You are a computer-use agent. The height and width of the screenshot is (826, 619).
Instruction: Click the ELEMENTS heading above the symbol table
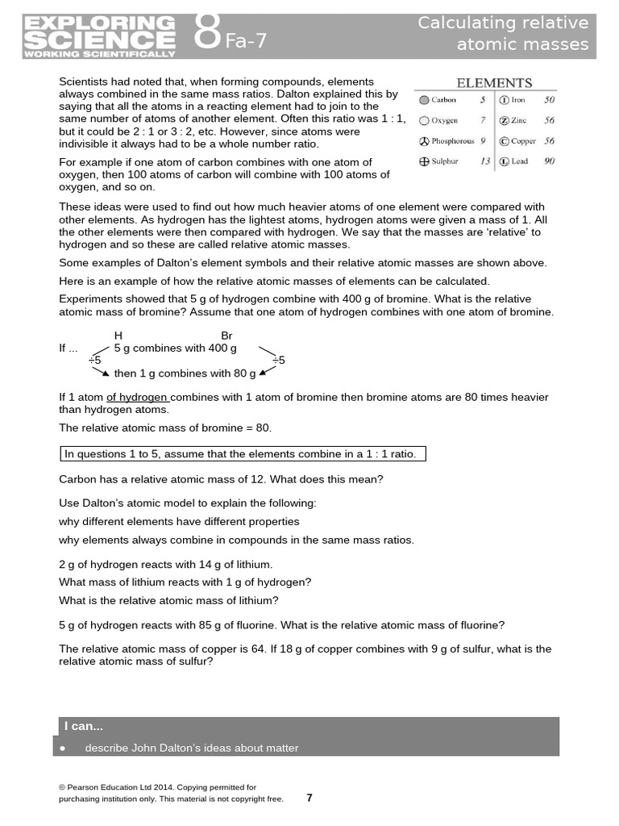click(x=494, y=82)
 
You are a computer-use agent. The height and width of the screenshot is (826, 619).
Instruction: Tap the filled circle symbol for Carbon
click(x=424, y=101)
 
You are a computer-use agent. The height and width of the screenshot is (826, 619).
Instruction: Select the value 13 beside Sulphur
click(x=484, y=161)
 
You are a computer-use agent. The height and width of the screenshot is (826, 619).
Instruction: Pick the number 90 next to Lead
click(x=549, y=161)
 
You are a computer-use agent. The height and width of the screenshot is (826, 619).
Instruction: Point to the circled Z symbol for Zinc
click(x=504, y=121)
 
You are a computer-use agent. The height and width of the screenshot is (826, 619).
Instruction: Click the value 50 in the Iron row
click(x=549, y=101)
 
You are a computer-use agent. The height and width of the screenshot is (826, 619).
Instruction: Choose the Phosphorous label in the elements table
click(x=452, y=141)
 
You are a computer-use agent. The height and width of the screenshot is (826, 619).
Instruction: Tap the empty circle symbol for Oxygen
click(x=424, y=121)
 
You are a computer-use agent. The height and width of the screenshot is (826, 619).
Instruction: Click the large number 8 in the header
click(x=207, y=34)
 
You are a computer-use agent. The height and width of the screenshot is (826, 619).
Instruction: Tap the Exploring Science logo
click(x=99, y=36)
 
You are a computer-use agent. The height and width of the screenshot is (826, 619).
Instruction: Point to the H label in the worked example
click(x=118, y=335)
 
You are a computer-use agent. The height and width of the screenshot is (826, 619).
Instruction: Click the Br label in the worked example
click(x=226, y=335)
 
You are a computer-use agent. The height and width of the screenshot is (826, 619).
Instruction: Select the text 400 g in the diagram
click(x=222, y=348)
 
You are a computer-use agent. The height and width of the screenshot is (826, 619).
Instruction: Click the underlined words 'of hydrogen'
click(x=137, y=397)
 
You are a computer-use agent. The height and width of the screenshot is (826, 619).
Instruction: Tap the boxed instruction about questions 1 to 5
click(x=243, y=453)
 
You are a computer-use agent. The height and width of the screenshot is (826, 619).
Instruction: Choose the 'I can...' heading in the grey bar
click(x=85, y=727)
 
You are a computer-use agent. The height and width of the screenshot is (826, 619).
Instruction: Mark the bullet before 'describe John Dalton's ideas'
click(x=63, y=749)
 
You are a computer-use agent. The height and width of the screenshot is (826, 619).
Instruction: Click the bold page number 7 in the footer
click(x=309, y=798)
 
